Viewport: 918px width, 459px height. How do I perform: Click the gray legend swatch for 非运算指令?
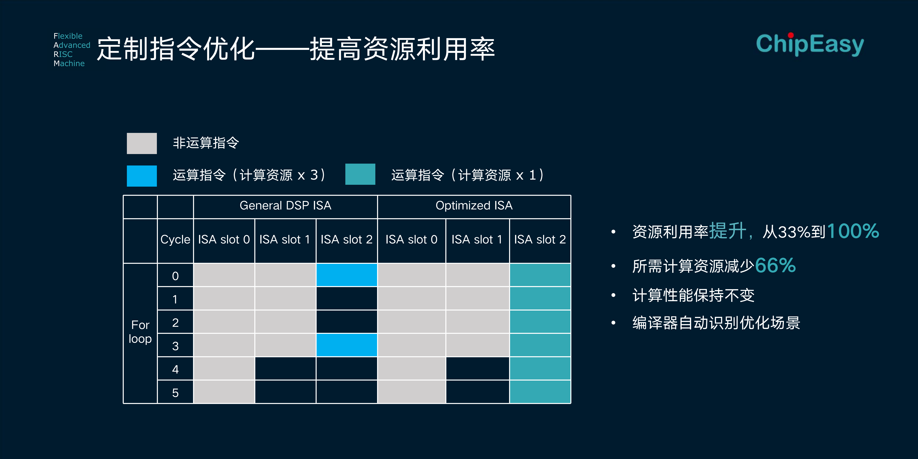click(142, 143)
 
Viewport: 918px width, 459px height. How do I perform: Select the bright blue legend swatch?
click(142, 176)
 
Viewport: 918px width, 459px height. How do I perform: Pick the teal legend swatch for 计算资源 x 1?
click(360, 174)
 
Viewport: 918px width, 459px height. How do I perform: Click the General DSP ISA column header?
click(285, 206)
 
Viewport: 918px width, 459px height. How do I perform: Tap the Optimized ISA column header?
click(474, 206)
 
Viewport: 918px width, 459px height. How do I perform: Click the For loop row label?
click(140, 332)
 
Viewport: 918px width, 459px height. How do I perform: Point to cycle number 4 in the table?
click(175, 369)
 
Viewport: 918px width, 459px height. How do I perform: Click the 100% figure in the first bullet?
click(853, 231)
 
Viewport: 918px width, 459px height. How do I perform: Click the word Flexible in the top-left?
click(68, 36)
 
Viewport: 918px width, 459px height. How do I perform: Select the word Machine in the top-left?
click(69, 63)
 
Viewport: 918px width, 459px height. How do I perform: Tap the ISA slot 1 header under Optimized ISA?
click(477, 240)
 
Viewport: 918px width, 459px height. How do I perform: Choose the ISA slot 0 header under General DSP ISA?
click(224, 240)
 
